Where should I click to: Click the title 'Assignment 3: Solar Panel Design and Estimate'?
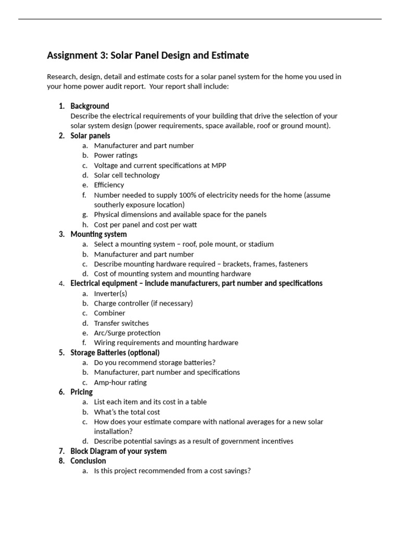pyautogui.click(x=148, y=55)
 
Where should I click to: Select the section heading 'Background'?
pyautogui.click(x=90, y=106)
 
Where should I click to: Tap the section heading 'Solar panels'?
pyautogui.click(x=90, y=136)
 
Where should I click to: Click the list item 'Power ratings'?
pyautogui.click(x=116, y=155)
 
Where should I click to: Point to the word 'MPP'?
pyautogui.click(x=219, y=165)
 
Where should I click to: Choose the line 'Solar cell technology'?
pyautogui.click(x=127, y=175)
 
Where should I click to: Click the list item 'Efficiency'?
pyautogui.click(x=109, y=185)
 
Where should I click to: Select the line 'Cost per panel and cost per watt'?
pyautogui.click(x=145, y=225)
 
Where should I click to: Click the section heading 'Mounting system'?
pyautogui.click(x=98, y=234)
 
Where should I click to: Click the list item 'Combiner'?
pyautogui.click(x=109, y=313)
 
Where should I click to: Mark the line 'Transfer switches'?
pyautogui.click(x=121, y=323)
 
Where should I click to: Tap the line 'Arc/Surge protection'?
pyautogui.click(x=127, y=333)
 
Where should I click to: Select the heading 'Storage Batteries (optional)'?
pyautogui.click(x=115, y=353)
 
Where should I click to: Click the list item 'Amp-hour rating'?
pyautogui.click(x=120, y=383)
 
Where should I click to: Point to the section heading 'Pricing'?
pyautogui.click(x=81, y=392)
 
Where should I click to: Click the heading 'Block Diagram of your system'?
pyautogui.click(x=118, y=451)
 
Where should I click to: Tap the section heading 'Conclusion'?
pyautogui.click(x=88, y=461)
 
